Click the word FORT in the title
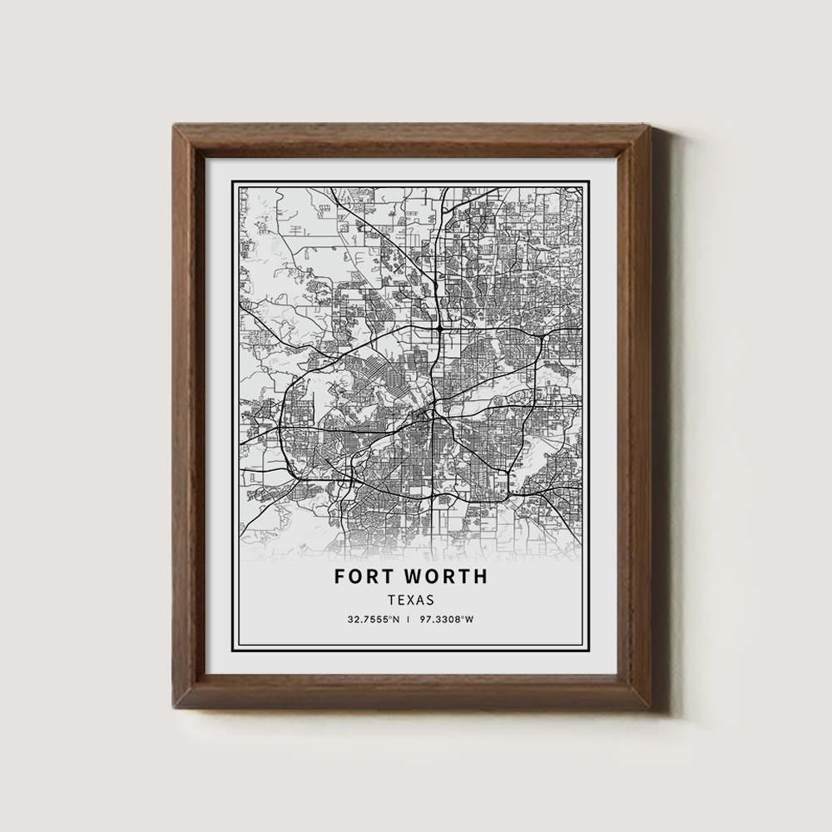click(364, 576)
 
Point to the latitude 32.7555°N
click(375, 619)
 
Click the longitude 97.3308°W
click(448, 619)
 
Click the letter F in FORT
click(340, 576)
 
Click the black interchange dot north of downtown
click(438, 329)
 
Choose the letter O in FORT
click(356, 576)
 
